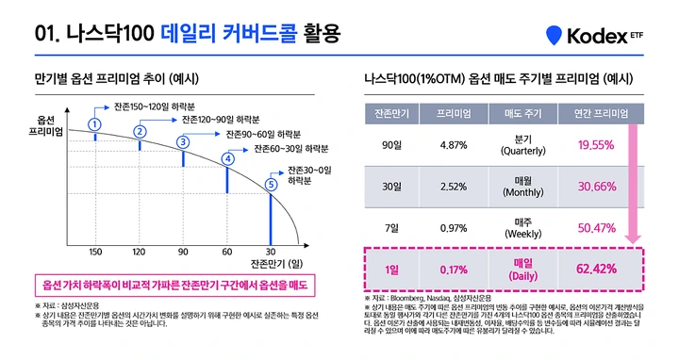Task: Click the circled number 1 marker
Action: [x=94, y=124]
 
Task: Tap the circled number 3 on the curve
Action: [x=183, y=141]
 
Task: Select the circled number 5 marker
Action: [x=272, y=185]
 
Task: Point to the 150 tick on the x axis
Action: [x=95, y=252]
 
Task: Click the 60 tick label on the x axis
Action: [x=227, y=252]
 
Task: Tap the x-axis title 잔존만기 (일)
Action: [x=277, y=265]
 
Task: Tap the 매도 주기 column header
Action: [x=518, y=114]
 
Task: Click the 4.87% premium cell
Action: [x=454, y=144]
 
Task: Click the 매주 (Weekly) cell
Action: [x=518, y=227]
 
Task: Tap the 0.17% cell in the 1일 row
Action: [x=454, y=270]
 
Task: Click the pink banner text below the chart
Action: [x=172, y=285]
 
